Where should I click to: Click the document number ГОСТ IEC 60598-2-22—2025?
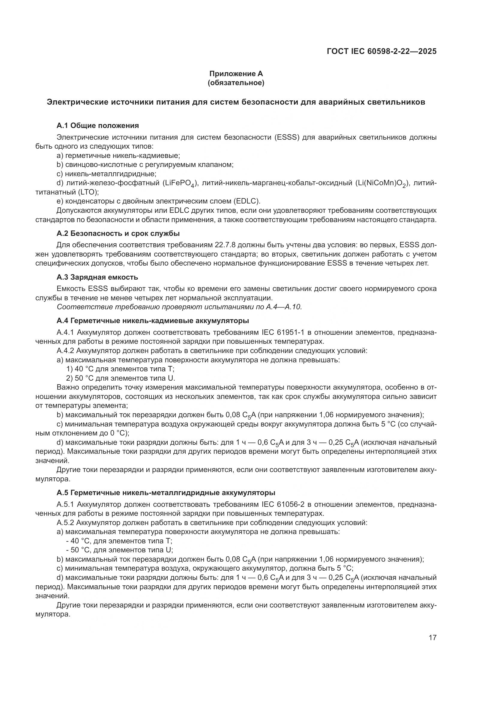[381, 51]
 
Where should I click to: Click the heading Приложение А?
[236, 74]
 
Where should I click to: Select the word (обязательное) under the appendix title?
[236, 83]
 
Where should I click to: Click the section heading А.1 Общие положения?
[98, 126]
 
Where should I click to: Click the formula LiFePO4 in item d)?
[179, 183]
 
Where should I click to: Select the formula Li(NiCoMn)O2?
[382, 183]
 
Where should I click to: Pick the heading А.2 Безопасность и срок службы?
[118, 233]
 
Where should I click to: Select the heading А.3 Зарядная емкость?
[97, 277]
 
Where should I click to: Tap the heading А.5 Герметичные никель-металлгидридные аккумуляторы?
[166, 493]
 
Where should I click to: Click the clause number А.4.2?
[65, 351]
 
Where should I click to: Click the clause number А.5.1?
[65, 504]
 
